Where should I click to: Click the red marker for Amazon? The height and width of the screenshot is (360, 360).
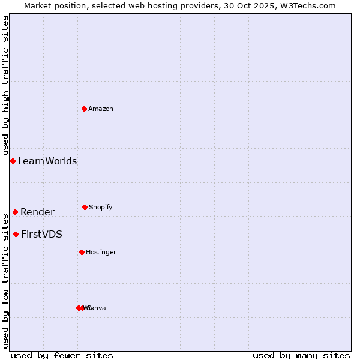pos(85,109)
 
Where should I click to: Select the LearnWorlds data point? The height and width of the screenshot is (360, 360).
pos(13,161)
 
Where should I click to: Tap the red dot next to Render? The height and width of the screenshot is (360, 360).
pos(16,212)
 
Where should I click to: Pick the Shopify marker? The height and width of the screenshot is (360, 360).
pos(85,207)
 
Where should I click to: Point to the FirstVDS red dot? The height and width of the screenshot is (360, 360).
pos(16,234)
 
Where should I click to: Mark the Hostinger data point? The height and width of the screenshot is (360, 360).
pos(82,252)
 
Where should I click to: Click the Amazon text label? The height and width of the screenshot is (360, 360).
pos(101,109)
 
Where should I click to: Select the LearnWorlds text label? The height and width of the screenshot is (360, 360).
pos(47,161)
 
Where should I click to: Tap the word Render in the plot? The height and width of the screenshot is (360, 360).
pos(37,212)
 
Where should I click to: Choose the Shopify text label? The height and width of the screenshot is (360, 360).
pos(101,207)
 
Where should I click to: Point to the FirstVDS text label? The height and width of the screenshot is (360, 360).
pos(41,234)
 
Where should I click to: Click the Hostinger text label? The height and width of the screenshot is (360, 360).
pos(101,252)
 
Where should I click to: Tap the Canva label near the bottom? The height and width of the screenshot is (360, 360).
pos(97,308)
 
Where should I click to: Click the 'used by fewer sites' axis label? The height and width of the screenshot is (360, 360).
pos(62,355)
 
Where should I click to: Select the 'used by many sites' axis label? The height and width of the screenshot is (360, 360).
pos(301,355)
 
